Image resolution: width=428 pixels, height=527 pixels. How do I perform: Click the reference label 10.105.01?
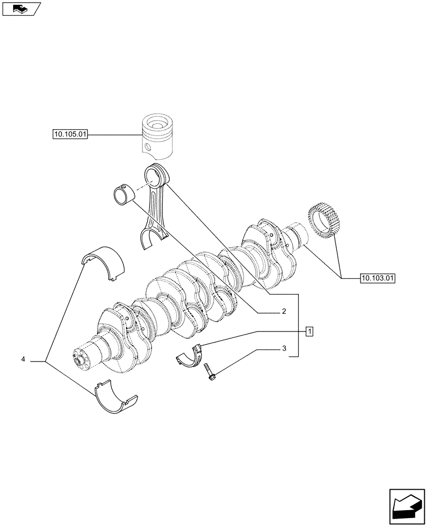pos(70,135)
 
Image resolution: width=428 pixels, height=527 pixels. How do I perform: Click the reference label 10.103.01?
pos(377,277)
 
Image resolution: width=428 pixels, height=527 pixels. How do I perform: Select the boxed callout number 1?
pos(310,331)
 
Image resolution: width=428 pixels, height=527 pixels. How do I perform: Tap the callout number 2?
pos(283,311)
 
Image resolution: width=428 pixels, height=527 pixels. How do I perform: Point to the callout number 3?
pos(283,348)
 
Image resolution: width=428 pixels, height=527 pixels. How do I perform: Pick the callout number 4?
pos(23,359)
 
